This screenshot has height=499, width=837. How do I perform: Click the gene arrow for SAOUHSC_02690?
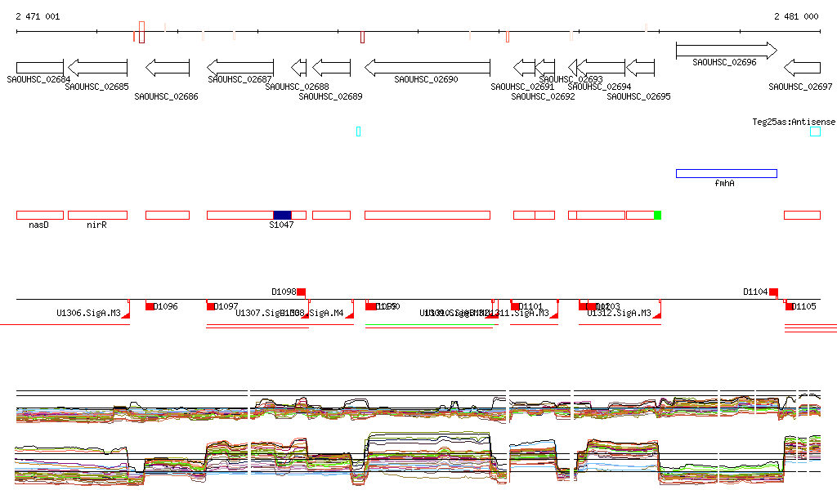pyautogui.click(x=427, y=67)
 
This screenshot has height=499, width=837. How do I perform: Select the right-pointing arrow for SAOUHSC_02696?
pyautogui.click(x=726, y=51)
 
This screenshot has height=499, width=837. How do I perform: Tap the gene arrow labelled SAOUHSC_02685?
pyautogui.click(x=97, y=67)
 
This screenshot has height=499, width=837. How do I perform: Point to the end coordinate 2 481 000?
pyautogui.click(x=796, y=16)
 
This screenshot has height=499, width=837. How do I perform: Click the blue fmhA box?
pyautogui.click(x=726, y=173)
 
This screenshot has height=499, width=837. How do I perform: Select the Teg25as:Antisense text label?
pyautogui.click(x=794, y=122)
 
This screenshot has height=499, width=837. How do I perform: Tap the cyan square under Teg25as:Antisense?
pyautogui.click(x=815, y=131)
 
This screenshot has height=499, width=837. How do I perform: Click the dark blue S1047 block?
pyautogui.click(x=282, y=215)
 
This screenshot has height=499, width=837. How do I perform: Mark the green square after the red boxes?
pyautogui.click(x=657, y=215)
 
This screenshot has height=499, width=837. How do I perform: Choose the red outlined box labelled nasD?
pyautogui.click(x=39, y=215)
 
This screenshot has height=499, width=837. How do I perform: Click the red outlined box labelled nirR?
pyautogui.click(x=97, y=215)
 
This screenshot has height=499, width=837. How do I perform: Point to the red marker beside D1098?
pyautogui.click(x=301, y=292)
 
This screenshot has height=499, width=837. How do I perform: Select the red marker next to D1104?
pyautogui.click(x=773, y=292)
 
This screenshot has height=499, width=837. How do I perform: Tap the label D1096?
pyautogui.click(x=166, y=306)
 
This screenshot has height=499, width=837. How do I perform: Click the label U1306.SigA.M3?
pyautogui.click(x=88, y=313)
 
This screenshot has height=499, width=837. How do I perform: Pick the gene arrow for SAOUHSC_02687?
pyautogui.click(x=239, y=67)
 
